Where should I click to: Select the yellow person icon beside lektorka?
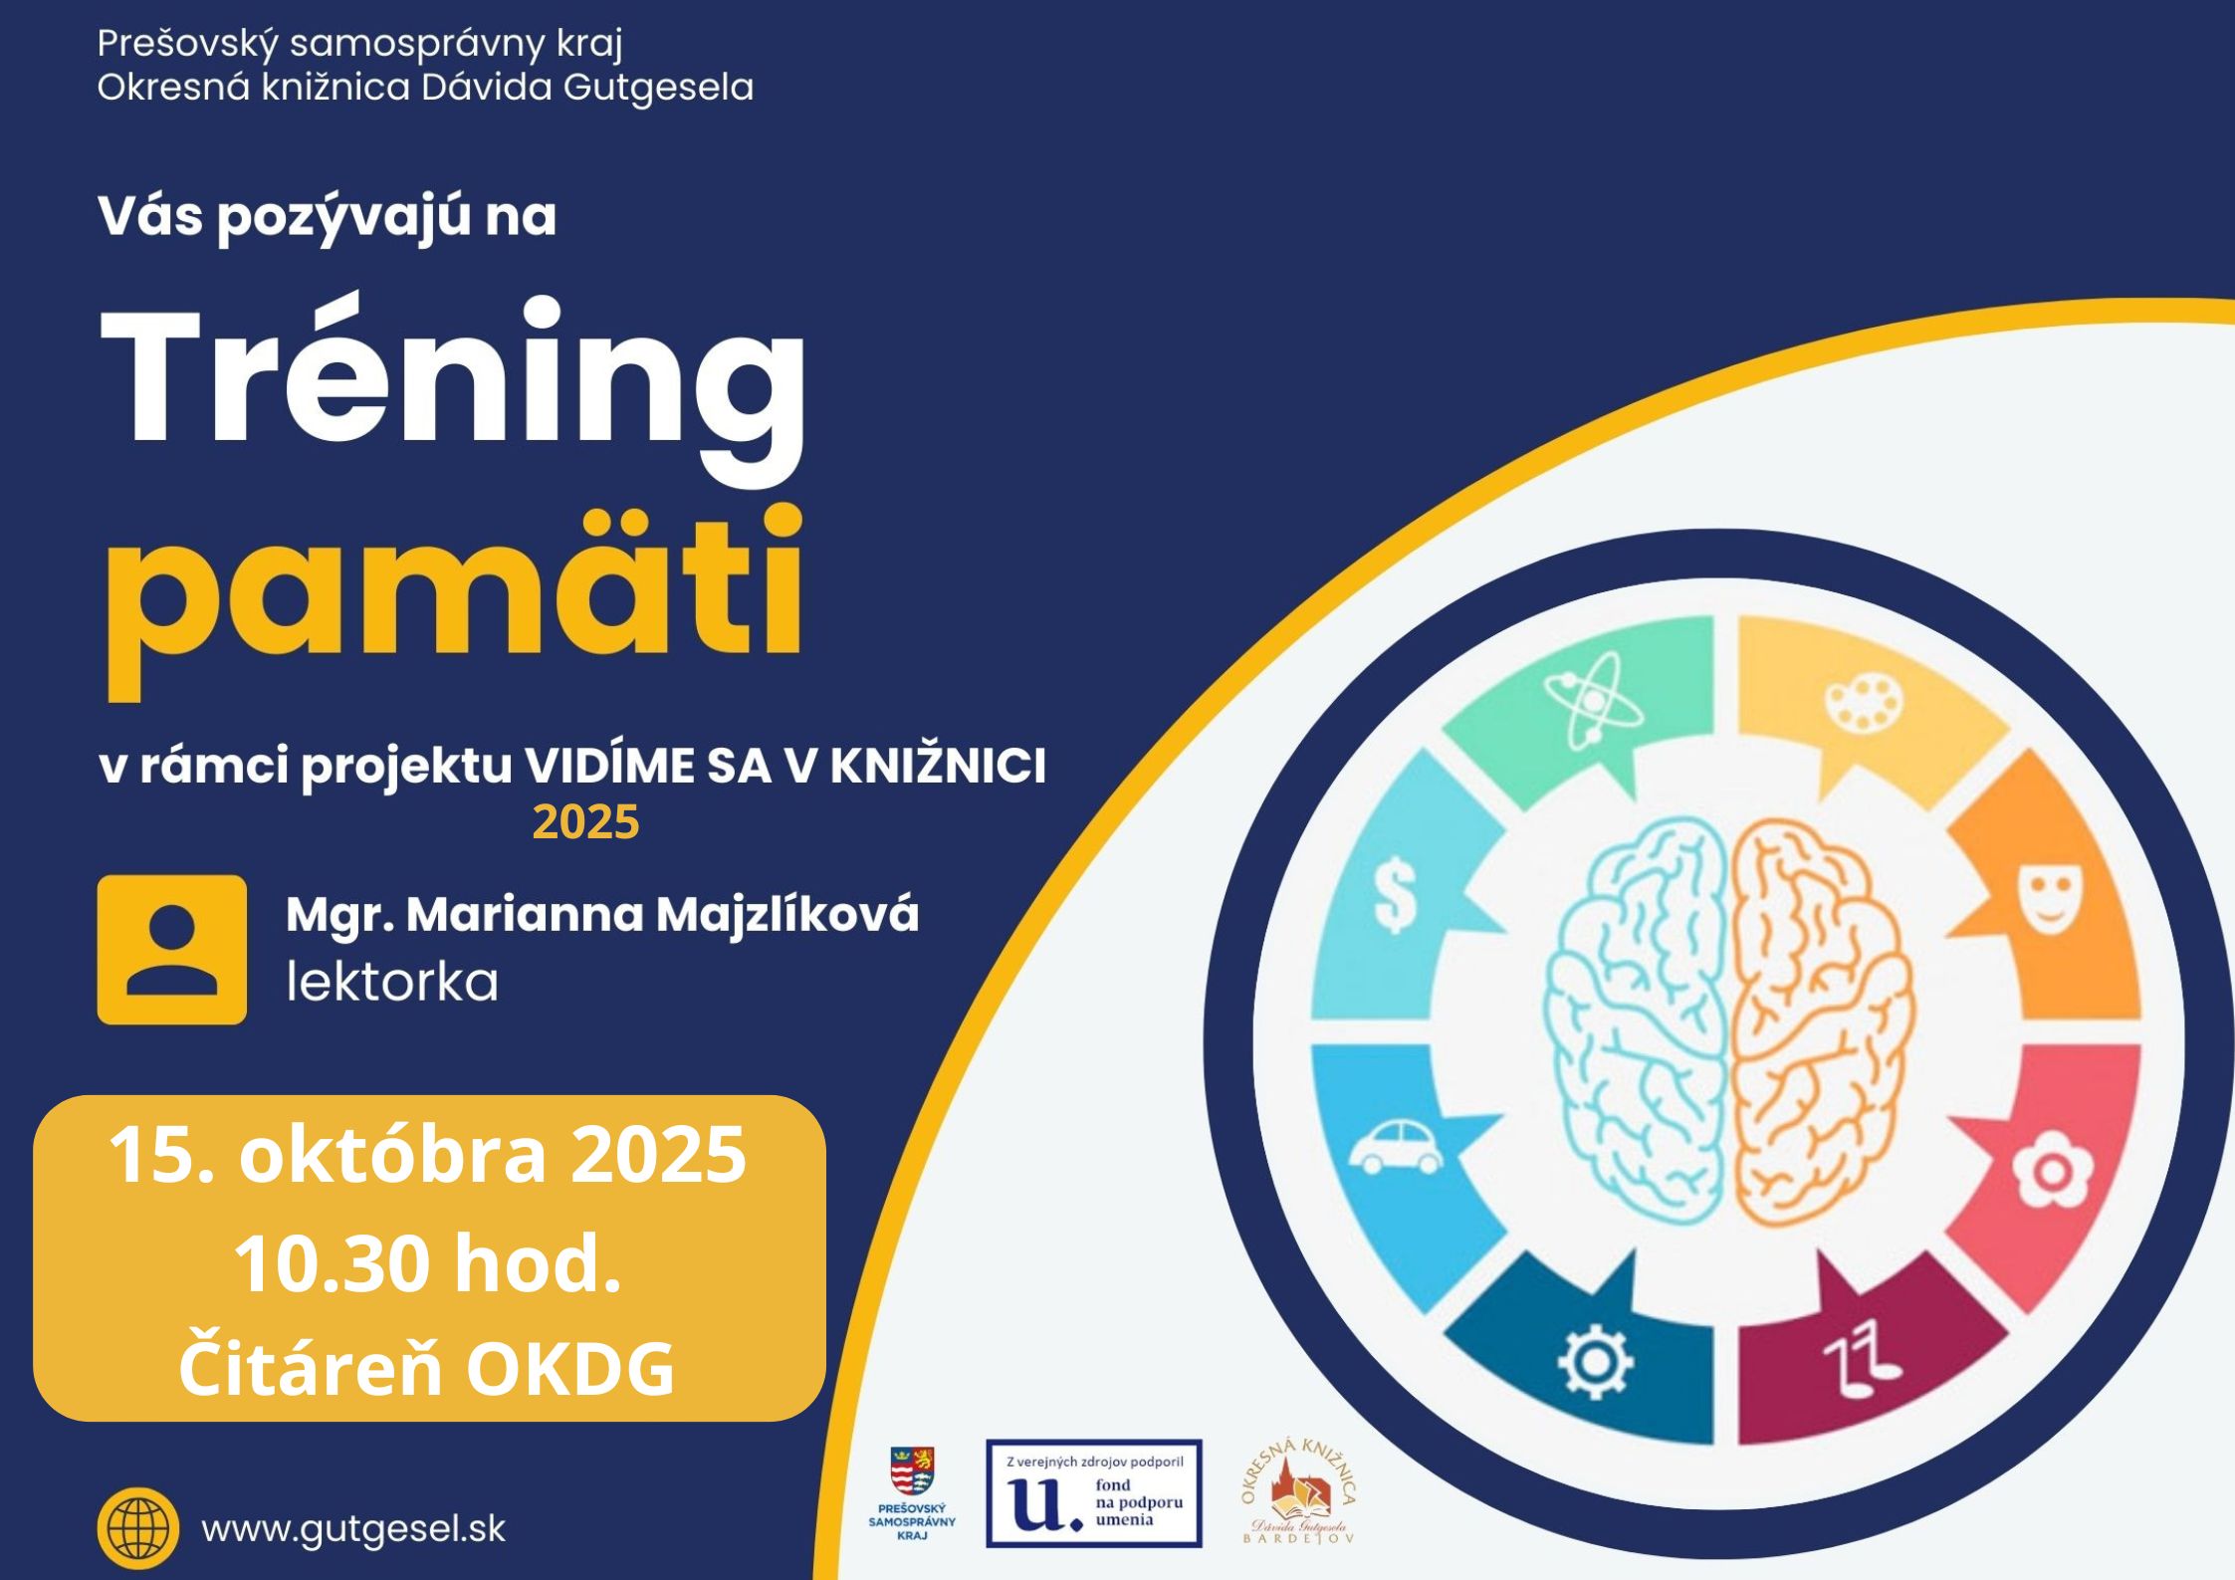coord(171,950)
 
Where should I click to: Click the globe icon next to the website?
coord(138,1528)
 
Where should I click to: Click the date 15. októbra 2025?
coord(427,1155)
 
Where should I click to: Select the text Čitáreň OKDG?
coord(427,1368)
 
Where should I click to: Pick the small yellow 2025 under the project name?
coord(585,822)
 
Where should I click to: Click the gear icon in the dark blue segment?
coord(1594,1362)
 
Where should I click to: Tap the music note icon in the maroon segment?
coord(1863,1359)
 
